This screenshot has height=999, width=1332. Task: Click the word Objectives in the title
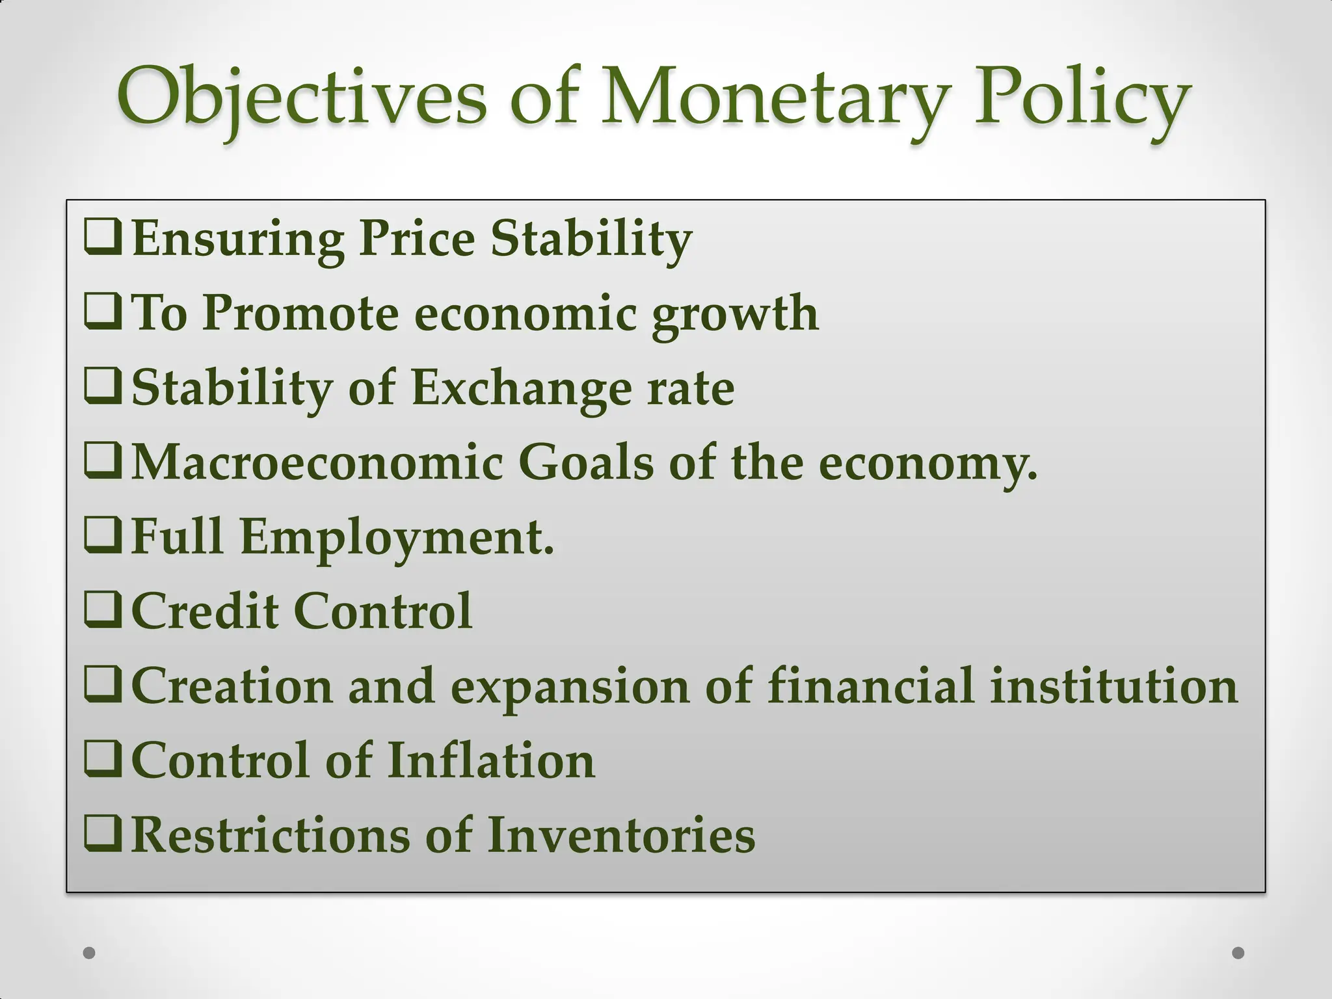point(301,98)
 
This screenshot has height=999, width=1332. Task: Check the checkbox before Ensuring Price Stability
point(103,238)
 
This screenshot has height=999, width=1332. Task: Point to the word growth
point(735,313)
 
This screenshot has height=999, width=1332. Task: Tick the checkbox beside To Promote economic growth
point(103,312)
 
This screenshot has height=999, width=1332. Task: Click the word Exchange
point(521,388)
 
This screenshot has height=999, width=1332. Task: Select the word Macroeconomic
point(317,462)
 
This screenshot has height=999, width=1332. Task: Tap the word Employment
point(397,538)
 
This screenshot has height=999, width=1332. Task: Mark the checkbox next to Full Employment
point(103,537)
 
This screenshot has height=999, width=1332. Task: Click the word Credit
point(205,611)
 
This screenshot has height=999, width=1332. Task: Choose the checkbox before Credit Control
point(103,611)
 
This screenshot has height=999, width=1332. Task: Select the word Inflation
point(491,760)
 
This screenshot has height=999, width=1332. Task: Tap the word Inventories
point(621,835)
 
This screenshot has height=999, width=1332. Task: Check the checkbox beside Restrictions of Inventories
point(103,834)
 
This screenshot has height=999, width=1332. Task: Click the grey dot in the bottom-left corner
point(90,953)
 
